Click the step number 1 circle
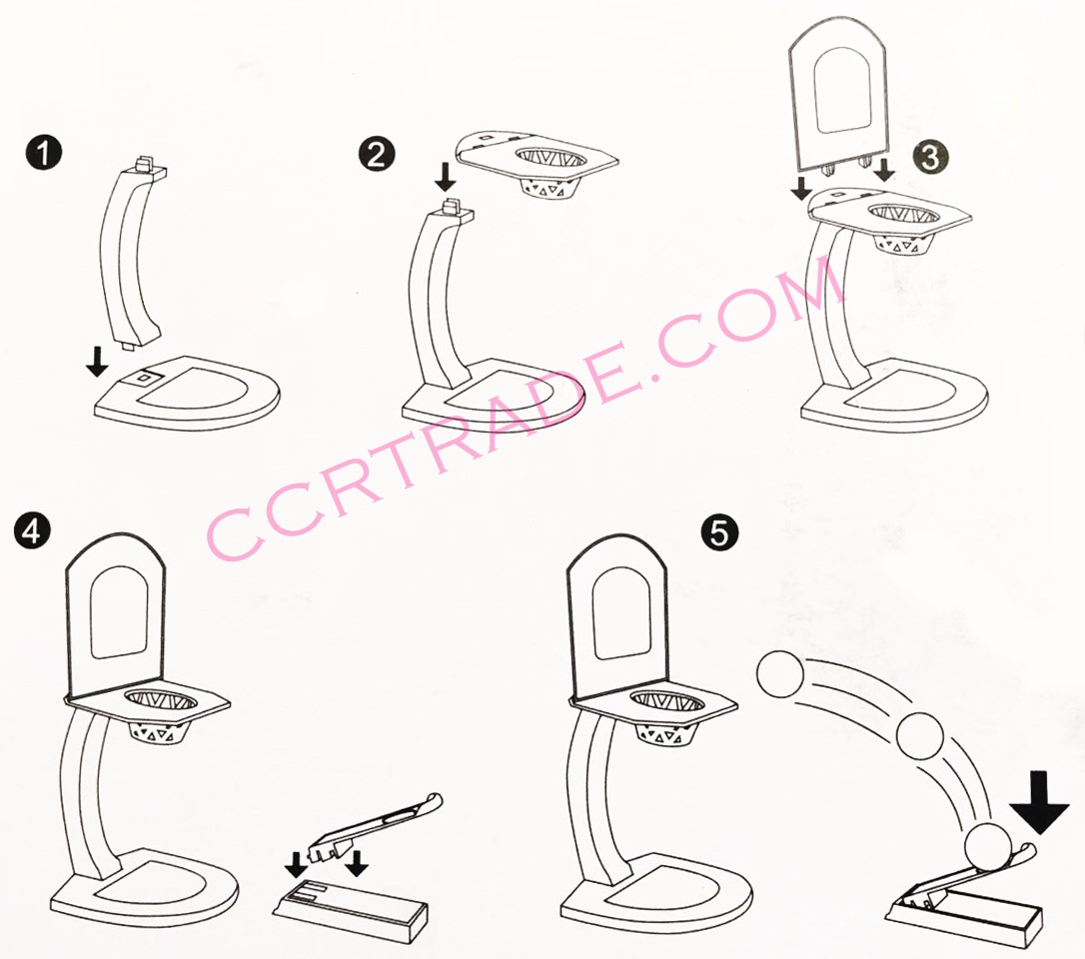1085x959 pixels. click(43, 153)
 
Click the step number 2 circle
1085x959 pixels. click(377, 154)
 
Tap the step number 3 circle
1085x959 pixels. click(931, 157)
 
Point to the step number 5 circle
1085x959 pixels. click(719, 532)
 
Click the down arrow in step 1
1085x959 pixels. click(98, 362)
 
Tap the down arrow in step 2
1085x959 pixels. click(446, 177)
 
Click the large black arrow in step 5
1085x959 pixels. click(1039, 803)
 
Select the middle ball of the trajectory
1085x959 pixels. click(920, 735)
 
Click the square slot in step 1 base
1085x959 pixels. click(143, 378)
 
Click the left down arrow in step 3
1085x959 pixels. click(800, 188)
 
